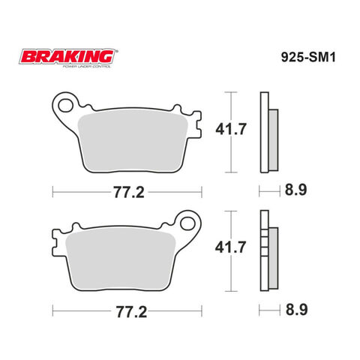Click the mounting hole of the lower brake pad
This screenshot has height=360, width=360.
184,222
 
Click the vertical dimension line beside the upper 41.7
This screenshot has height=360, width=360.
232,129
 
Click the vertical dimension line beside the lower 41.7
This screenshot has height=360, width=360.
232,247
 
